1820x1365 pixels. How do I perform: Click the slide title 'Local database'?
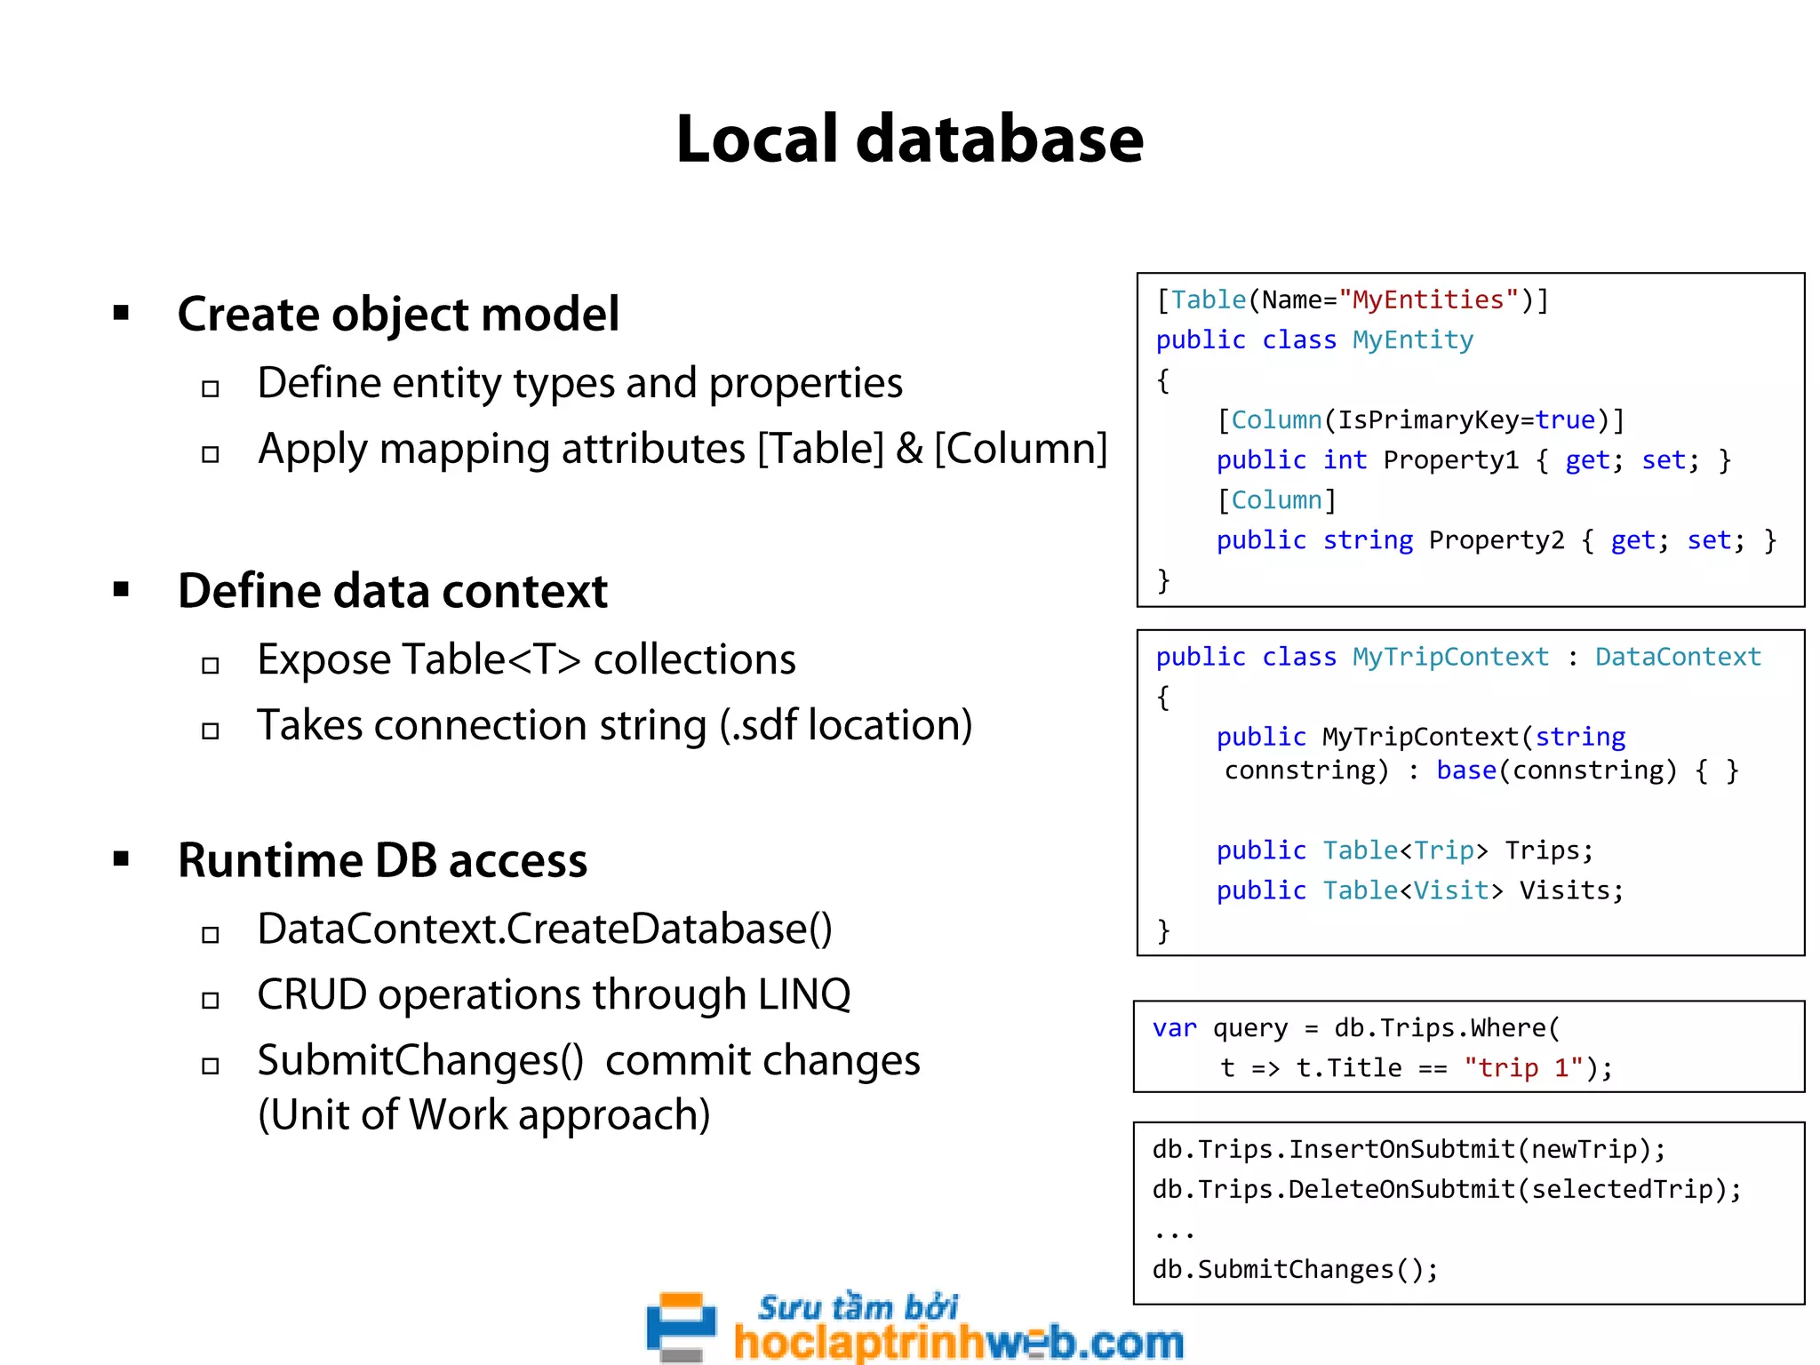909,140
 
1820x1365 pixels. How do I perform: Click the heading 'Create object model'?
397,315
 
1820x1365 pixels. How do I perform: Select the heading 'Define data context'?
392,591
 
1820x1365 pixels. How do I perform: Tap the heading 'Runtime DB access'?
382,860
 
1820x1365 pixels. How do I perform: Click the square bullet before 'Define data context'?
122,589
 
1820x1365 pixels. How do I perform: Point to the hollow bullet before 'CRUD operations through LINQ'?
211,1001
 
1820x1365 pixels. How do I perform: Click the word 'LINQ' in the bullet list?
803,995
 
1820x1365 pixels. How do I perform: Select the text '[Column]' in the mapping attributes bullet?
1020,449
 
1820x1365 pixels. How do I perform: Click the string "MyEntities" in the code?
1428,300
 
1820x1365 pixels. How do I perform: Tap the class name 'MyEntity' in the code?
1412,340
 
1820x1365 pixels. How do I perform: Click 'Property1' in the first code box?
1450,460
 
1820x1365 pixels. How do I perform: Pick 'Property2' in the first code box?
1496,540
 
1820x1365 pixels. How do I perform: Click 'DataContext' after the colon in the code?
1677,657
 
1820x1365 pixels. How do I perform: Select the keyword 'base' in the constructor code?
1466,770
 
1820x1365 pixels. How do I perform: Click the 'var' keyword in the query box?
1174,1028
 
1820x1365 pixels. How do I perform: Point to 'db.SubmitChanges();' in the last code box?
1295,1270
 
